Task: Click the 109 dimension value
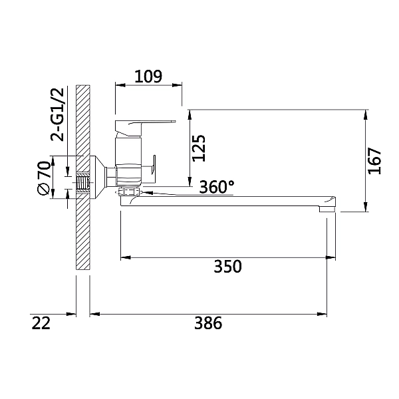coord(148,76)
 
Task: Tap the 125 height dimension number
coord(199,148)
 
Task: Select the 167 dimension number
coord(374,161)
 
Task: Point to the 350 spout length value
coord(227,267)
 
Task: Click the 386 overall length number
coord(208,323)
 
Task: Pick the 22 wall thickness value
coord(41,323)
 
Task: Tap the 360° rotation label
coord(217,187)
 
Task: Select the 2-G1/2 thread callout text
coord(58,114)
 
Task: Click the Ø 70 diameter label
coord(43,178)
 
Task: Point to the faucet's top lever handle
coord(145,127)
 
